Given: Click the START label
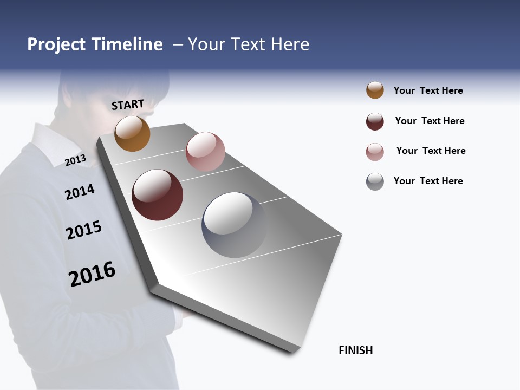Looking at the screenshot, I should [128, 104].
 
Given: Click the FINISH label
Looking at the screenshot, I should [356, 350].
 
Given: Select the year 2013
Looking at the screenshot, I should [75, 160].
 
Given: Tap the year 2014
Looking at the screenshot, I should [80, 192].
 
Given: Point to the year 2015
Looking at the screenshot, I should [84, 230].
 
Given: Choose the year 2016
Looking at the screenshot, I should [92, 274].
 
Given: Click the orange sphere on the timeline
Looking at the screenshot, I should [132, 134].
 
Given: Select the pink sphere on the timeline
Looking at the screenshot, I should [205, 152].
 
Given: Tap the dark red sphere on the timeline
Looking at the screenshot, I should [157, 195].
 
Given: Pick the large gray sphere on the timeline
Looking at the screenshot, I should [234, 225].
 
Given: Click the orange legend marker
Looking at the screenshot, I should [375, 90].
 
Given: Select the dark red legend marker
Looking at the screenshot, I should [375, 121].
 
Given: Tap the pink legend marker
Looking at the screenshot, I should [375, 152].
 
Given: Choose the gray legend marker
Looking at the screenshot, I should [375, 181].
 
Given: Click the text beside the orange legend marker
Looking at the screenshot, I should [428, 90].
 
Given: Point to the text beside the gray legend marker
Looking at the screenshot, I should [428, 181].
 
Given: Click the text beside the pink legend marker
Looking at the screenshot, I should [431, 151].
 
